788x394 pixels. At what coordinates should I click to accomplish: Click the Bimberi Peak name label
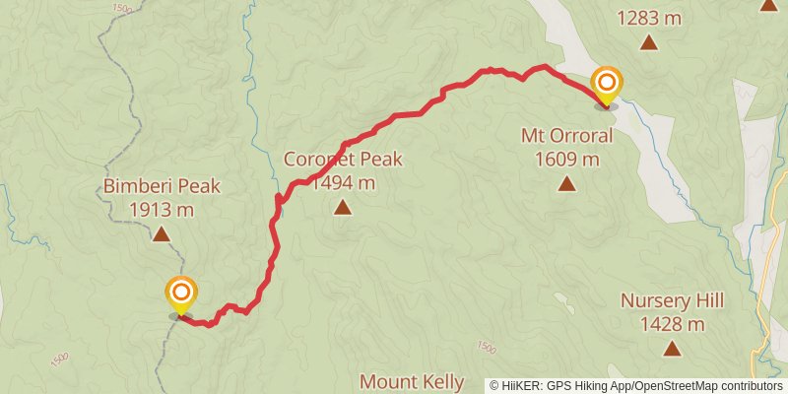(x=162, y=186)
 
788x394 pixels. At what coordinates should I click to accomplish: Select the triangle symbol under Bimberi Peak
(x=161, y=234)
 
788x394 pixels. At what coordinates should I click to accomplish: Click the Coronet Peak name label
(x=343, y=160)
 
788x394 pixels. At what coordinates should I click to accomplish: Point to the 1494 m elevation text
(x=343, y=182)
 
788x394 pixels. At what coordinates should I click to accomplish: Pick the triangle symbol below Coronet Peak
(x=342, y=207)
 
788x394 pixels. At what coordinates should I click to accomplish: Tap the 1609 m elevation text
(x=567, y=159)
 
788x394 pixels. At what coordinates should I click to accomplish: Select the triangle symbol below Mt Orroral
(x=566, y=183)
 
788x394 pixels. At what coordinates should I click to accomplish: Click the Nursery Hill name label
(x=673, y=301)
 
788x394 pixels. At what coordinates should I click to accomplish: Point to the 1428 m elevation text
(x=673, y=323)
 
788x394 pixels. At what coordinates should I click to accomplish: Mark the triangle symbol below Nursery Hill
(x=672, y=348)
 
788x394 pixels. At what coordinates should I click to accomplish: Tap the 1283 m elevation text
(x=650, y=17)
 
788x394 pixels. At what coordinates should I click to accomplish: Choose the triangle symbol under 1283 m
(x=649, y=41)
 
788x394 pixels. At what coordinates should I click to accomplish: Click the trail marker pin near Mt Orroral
(x=607, y=83)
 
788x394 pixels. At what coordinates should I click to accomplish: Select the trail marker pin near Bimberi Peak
(x=181, y=294)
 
